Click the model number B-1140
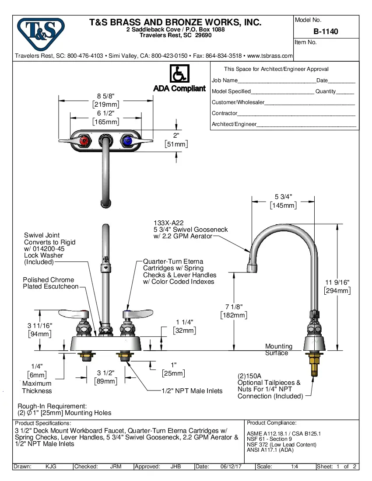tap(326, 31)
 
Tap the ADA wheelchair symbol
tap(179, 74)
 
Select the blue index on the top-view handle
tap(127, 141)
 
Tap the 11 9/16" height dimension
tap(337, 282)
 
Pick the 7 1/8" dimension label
tap(233, 307)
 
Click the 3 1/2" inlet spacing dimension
tap(105, 373)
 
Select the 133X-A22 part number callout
tap(165, 223)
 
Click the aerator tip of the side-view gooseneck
tap(253, 268)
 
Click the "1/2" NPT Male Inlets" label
tap(192, 390)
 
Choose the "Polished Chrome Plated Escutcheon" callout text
tap(50, 283)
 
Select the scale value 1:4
tap(295, 467)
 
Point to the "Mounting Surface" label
tap(278, 349)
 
